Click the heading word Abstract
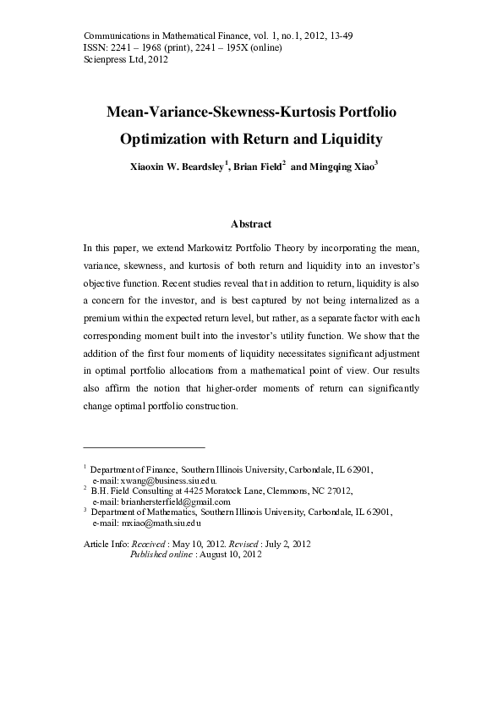pyautogui.click(x=251, y=224)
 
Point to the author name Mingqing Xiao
pyautogui.click(x=340, y=167)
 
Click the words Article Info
pyautogui.click(x=101, y=544)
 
